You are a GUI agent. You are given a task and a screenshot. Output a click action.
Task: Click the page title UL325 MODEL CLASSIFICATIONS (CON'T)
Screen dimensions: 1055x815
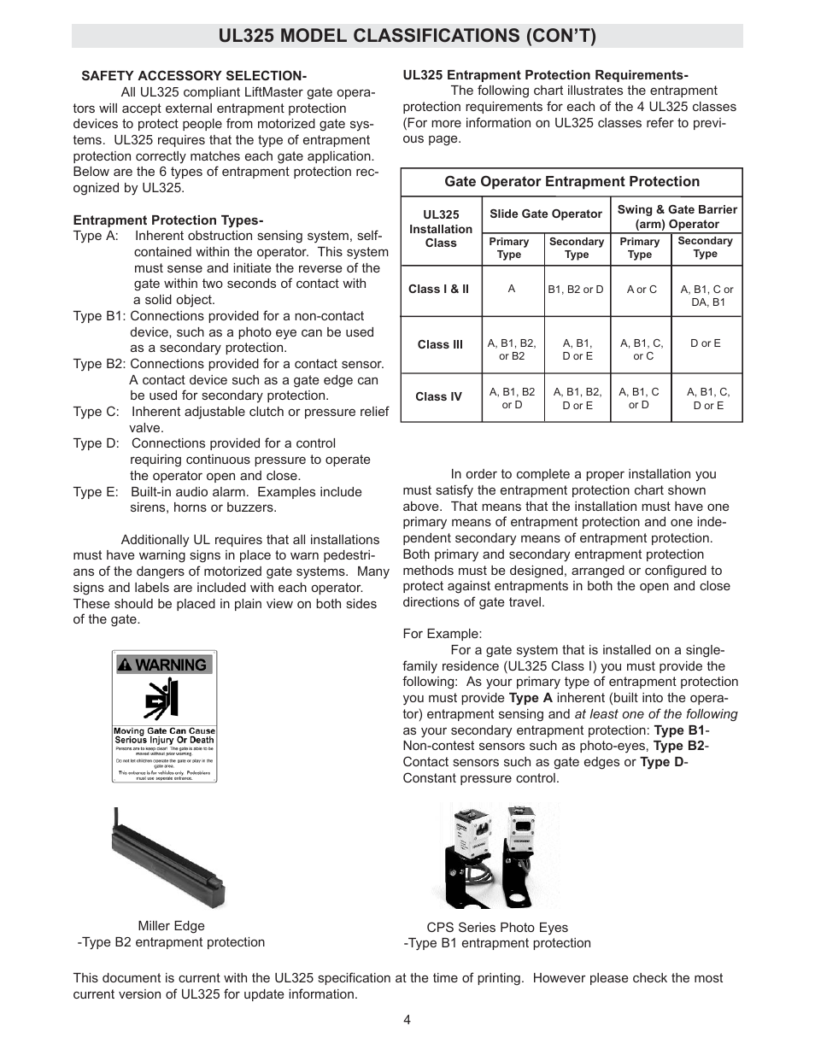(407, 36)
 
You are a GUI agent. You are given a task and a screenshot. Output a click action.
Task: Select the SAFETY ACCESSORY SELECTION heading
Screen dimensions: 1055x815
(194, 76)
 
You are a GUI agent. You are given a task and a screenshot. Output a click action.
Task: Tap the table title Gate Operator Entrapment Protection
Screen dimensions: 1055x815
(572, 182)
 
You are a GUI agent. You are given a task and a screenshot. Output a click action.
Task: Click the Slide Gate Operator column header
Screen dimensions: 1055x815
(546, 214)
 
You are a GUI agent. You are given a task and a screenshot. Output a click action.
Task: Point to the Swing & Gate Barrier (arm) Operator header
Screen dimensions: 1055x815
(677, 216)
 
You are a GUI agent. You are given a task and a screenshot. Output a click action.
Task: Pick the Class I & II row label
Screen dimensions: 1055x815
(438, 289)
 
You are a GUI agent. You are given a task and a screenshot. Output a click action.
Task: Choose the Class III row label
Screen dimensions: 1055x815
(440, 344)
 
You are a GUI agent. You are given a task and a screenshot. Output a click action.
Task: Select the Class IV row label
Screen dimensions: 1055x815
(438, 396)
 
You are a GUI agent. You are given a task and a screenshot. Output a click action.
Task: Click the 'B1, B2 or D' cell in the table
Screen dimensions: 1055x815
(576, 289)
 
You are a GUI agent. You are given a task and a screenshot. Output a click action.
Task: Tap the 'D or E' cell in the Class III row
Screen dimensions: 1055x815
(706, 343)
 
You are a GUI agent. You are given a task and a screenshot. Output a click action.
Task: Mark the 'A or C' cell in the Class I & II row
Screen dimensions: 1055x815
(642, 289)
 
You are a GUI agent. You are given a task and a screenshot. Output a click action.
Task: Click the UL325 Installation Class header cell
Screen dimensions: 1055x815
(441, 229)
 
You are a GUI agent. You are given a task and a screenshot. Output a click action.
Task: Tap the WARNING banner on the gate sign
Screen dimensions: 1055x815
(163, 665)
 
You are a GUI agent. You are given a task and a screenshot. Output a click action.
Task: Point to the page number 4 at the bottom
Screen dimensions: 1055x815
(407, 1019)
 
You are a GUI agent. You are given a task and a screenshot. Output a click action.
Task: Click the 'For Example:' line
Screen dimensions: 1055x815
(443, 634)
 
